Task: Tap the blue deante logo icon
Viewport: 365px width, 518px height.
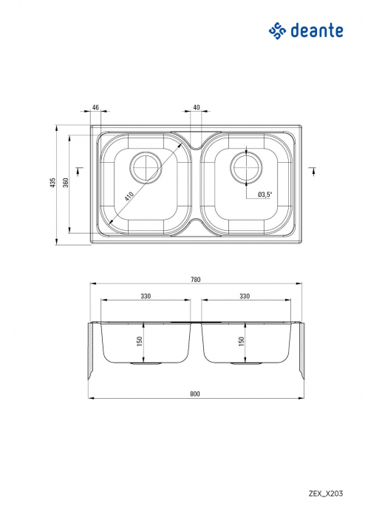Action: [x=276, y=30]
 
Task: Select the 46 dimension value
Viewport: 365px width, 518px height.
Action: [x=95, y=108]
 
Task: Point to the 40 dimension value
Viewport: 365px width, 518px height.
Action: [x=197, y=108]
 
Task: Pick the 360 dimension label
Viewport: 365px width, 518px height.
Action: [x=66, y=184]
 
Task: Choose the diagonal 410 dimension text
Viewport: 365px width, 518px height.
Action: [x=129, y=197]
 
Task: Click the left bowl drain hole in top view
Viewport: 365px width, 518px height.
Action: [x=146, y=166]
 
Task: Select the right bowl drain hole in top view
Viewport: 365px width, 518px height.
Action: [x=246, y=166]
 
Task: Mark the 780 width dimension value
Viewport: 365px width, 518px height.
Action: [x=195, y=280]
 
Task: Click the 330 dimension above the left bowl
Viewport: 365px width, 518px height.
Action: [x=146, y=296]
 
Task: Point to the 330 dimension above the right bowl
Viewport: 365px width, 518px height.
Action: [x=245, y=296]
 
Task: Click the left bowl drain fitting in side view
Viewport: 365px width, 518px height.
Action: [x=146, y=364]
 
